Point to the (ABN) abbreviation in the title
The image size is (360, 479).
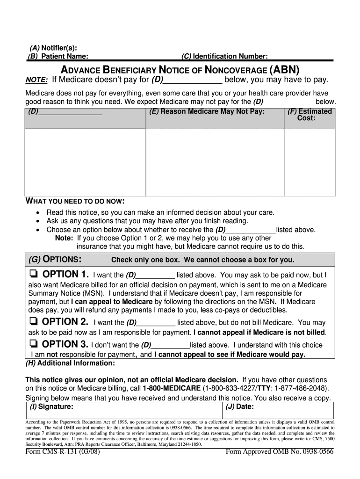click(284, 70)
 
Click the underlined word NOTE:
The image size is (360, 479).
click(36, 80)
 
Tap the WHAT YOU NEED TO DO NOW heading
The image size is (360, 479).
click(74, 201)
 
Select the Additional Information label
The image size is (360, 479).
click(70, 363)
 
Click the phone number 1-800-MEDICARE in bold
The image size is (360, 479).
click(172, 388)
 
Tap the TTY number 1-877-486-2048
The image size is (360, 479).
click(301, 388)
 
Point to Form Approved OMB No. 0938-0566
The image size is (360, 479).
click(280, 452)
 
